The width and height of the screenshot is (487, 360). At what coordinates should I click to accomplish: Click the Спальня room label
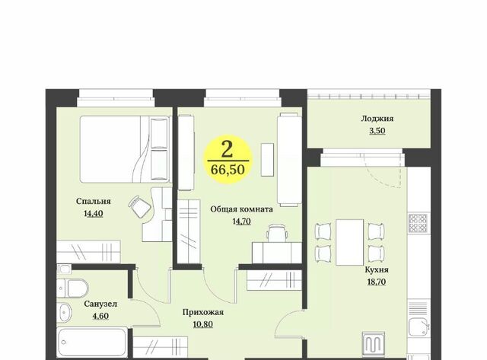pyautogui.click(x=93, y=201)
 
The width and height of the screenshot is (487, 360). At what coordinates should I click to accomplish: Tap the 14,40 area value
pyautogui.click(x=93, y=213)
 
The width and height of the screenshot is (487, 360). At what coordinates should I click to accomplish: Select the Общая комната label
pyautogui.click(x=242, y=209)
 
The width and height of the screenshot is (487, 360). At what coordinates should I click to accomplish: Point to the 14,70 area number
pyautogui.click(x=242, y=221)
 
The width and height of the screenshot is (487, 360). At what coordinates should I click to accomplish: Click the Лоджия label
pyautogui.click(x=377, y=118)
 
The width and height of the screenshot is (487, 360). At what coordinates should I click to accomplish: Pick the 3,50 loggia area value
pyautogui.click(x=377, y=130)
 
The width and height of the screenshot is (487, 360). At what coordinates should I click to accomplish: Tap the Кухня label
pyautogui.click(x=376, y=269)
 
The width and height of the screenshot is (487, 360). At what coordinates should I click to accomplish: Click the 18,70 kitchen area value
pyautogui.click(x=376, y=282)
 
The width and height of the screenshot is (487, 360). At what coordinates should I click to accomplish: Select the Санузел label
pyautogui.click(x=100, y=304)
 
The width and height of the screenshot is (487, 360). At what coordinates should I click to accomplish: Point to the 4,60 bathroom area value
pyautogui.click(x=100, y=316)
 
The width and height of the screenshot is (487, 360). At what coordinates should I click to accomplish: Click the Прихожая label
pyautogui.click(x=203, y=312)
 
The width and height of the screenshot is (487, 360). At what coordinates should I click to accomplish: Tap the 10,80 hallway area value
pyautogui.click(x=203, y=324)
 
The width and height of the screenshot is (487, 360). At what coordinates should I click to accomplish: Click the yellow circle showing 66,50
pyautogui.click(x=228, y=159)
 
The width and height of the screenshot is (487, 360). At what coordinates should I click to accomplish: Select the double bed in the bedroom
pyautogui.click(x=125, y=149)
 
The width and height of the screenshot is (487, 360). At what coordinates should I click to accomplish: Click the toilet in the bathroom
pyautogui.click(x=73, y=288)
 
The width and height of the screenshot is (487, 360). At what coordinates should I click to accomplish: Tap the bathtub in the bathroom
pyautogui.click(x=92, y=342)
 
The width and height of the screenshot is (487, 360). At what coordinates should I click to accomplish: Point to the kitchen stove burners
pyautogui.click(x=418, y=223)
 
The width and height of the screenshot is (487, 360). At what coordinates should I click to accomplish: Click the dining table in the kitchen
pyautogui.click(x=350, y=242)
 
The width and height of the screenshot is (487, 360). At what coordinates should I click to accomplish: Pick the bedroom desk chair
pyautogui.click(x=139, y=206)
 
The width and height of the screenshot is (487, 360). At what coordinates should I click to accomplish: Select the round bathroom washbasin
pyautogui.click(x=65, y=311)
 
